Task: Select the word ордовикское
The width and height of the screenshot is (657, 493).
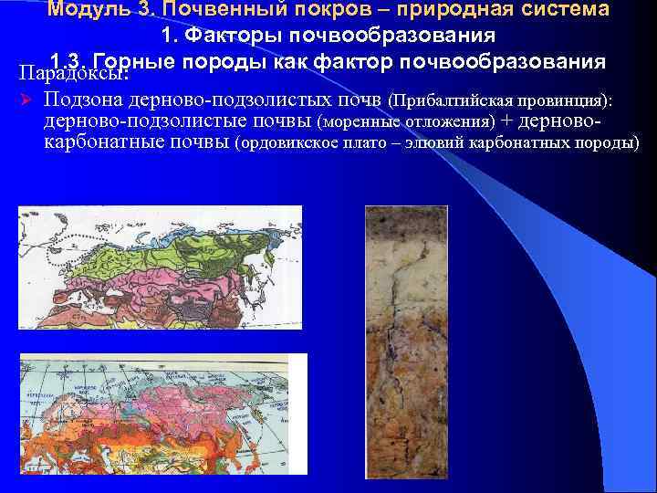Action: click(x=289, y=143)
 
